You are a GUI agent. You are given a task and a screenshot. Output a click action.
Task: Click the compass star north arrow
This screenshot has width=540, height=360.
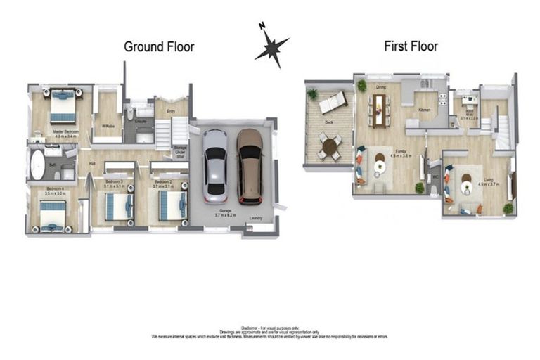tap(271, 47)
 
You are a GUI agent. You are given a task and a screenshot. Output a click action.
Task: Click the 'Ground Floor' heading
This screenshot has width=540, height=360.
tap(159, 47)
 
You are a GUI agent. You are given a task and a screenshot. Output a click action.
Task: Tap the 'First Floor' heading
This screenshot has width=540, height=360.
tap(411, 46)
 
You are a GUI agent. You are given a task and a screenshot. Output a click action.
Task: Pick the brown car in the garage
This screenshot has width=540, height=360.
tap(249, 164)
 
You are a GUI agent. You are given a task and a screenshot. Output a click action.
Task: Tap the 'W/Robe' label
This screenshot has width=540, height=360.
tap(108, 127)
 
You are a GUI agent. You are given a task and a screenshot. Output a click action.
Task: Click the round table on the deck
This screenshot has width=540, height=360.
tap(329, 146)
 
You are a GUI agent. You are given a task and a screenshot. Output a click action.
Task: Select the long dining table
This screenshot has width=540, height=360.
tap(380, 109)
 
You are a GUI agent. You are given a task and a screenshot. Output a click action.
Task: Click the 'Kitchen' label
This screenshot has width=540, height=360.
tap(425, 110)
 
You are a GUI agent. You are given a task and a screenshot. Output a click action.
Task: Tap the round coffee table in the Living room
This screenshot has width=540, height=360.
tap(465, 187)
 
